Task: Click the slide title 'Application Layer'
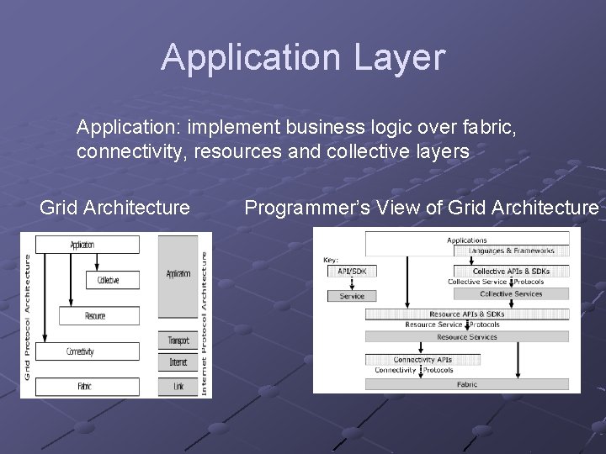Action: [x=302, y=57]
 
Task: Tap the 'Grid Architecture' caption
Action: [x=115, y=207]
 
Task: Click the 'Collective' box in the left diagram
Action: [x=108, y=280]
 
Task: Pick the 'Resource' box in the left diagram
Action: [x=95, y=316]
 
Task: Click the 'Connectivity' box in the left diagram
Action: [x=80, y=351]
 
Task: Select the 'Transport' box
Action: [x=178, y=340]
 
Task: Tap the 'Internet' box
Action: [x=178, y=363]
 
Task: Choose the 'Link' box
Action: [x=178, y=386]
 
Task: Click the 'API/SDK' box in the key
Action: [x=352, y=271]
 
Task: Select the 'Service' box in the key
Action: [x=352, y=296]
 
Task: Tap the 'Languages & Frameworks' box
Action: [x=511, y=251]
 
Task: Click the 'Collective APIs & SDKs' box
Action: [x=511, y=272]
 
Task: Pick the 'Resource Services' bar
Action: [x=466, y=337]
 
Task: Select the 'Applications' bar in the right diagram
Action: [x=466, y=240]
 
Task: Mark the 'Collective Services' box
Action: [x=511, y=293]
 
